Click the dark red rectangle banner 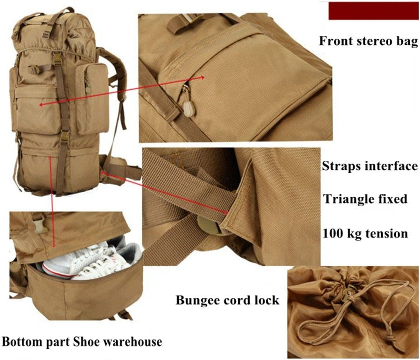374,11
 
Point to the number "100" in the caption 332,234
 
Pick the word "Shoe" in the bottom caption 86,342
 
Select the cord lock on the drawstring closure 347,296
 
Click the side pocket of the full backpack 92,98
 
